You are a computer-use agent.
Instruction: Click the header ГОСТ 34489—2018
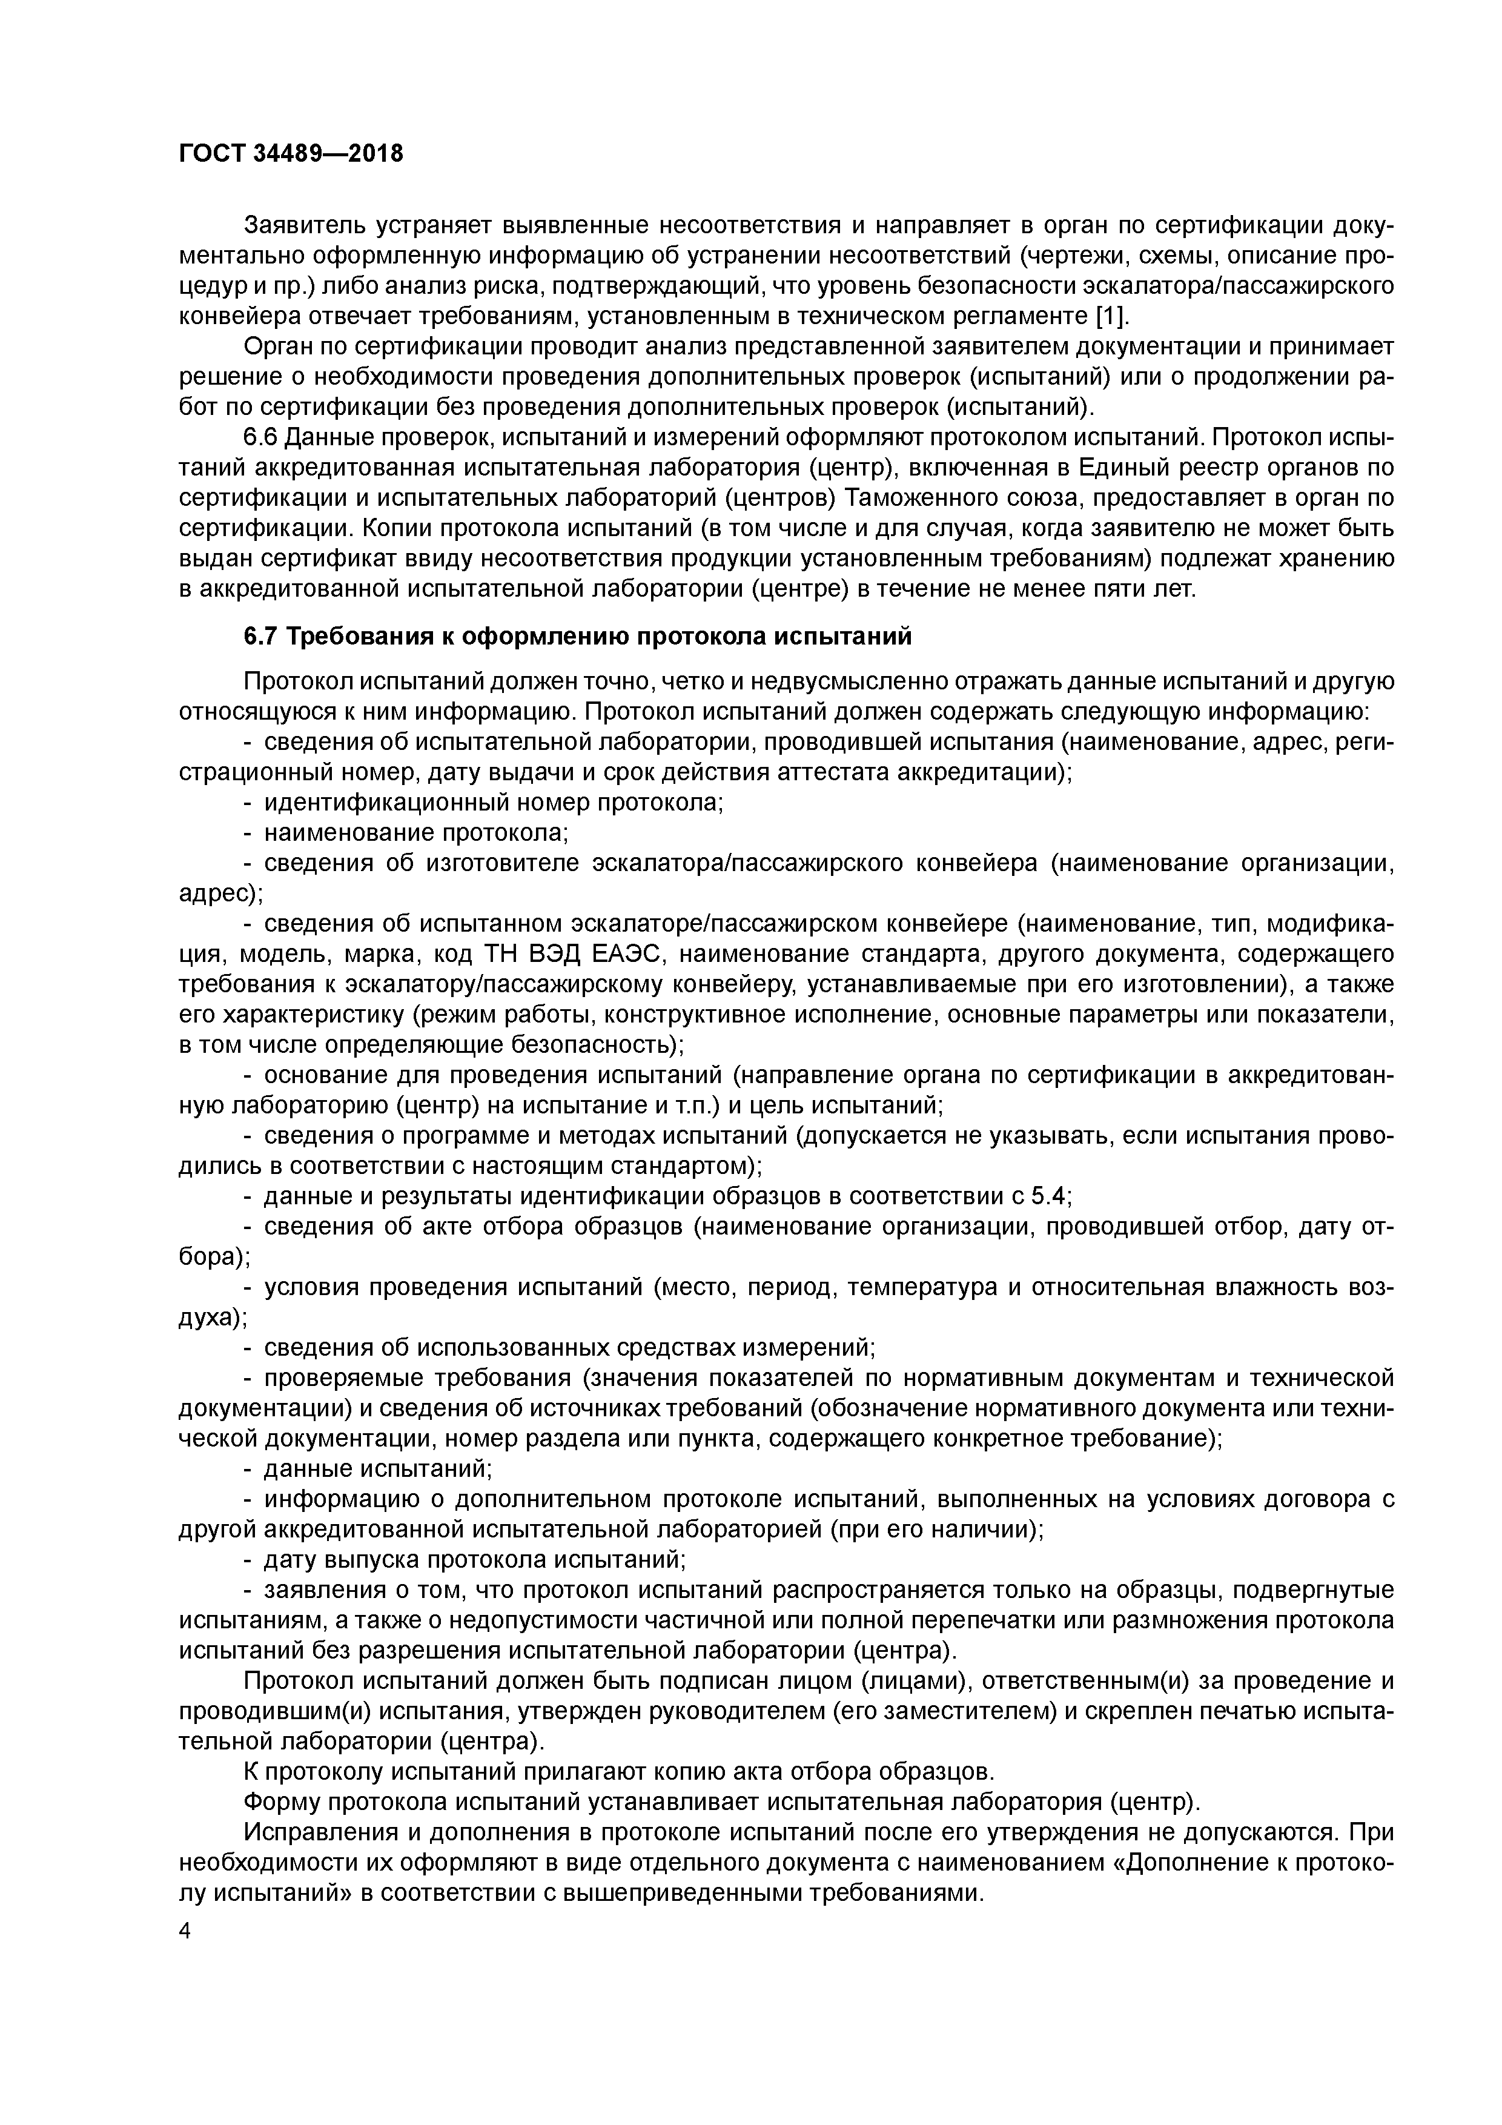click(x=291, y=154)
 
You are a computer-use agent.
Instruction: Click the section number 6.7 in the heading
click(x=261, y=637)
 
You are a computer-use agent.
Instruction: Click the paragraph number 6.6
click(x=261, y=437)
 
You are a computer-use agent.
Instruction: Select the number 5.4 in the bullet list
click(x=1048, y=1197)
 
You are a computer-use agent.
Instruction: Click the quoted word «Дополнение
click(x=1191, y=1863)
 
